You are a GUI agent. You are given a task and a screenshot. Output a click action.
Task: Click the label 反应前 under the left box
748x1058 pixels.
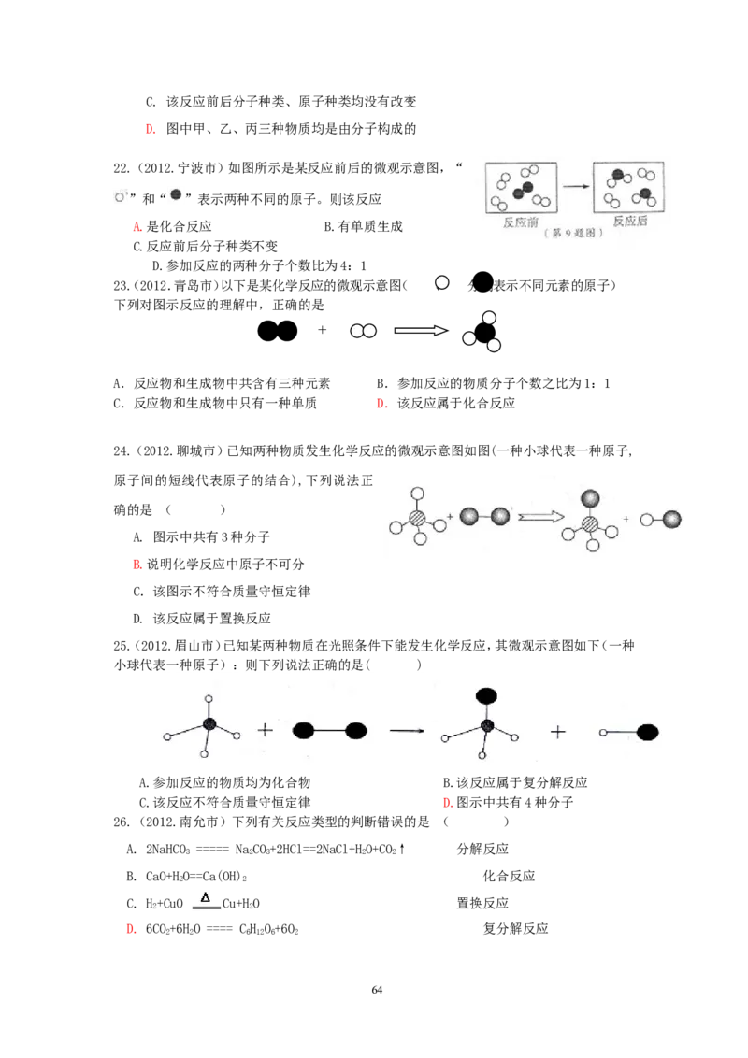point(522,222)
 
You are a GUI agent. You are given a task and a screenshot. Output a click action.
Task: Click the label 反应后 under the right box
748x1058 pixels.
point(630,222)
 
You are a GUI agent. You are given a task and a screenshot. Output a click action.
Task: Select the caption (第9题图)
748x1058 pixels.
point(572,235)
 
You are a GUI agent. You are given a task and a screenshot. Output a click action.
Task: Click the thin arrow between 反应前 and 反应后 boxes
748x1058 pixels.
point(577,187)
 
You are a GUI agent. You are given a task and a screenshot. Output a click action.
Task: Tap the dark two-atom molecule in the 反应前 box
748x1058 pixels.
point(523,191)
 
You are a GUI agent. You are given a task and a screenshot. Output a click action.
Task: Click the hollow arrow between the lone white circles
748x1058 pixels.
point(420,331)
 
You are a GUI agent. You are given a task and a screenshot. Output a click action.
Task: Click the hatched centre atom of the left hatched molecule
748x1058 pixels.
point(418,517)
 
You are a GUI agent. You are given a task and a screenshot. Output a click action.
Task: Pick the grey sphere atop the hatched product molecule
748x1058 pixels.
point(591,498)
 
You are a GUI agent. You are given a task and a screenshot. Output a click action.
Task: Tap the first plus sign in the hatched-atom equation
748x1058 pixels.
point(450,516)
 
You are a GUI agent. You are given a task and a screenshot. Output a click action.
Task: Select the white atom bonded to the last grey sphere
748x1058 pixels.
point(646,519)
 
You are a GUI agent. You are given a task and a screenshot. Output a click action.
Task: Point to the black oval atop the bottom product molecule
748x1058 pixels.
point(486,695)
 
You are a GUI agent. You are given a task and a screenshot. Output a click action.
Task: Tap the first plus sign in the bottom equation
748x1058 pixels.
point(266,730)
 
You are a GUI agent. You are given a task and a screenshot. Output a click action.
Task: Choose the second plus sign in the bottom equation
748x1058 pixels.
point(558,732)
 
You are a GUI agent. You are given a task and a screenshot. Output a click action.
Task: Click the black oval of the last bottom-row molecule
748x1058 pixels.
point(647,732)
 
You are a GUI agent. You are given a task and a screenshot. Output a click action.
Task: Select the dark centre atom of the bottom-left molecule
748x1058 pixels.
point(209,724)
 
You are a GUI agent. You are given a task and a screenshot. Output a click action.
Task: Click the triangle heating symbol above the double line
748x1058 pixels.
point(205,895)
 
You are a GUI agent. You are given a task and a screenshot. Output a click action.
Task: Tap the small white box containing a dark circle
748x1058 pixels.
point(176,194)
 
